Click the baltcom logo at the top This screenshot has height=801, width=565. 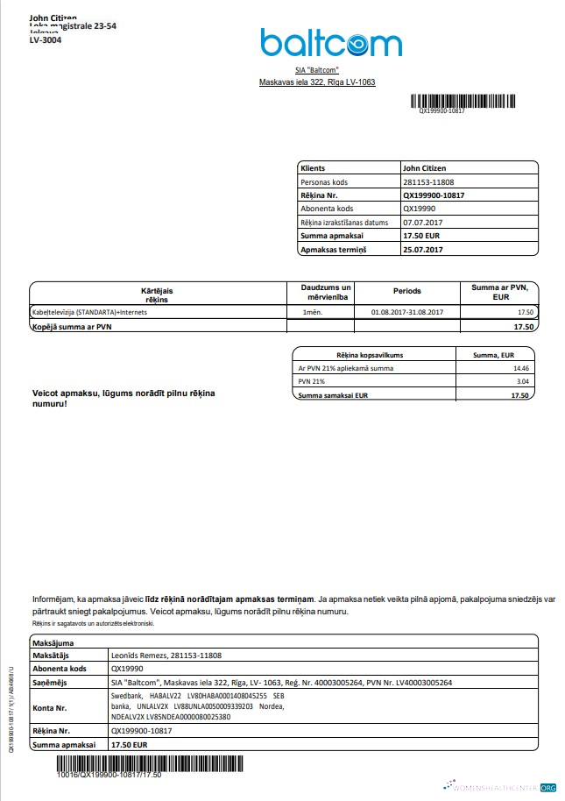click(330, 42)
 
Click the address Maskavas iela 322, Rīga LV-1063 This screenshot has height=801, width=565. click(316, 82)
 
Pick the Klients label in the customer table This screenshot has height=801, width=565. click(313, 167)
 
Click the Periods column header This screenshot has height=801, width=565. click(406, 291)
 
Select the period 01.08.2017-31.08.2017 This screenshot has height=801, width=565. click(407, 312)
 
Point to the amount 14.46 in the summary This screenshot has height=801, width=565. click(521, 368)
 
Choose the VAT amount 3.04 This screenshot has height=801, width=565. click(522, 382)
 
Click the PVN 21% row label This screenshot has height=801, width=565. click(312, 382)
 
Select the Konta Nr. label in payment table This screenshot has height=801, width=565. click(52, 706)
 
